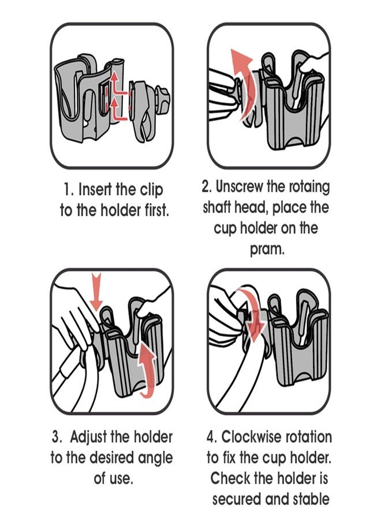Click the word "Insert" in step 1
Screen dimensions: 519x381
point(99,190)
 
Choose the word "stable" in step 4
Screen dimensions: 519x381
point(306,499)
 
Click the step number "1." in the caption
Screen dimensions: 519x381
point(69,190)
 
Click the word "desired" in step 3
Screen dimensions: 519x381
point(110,458)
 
